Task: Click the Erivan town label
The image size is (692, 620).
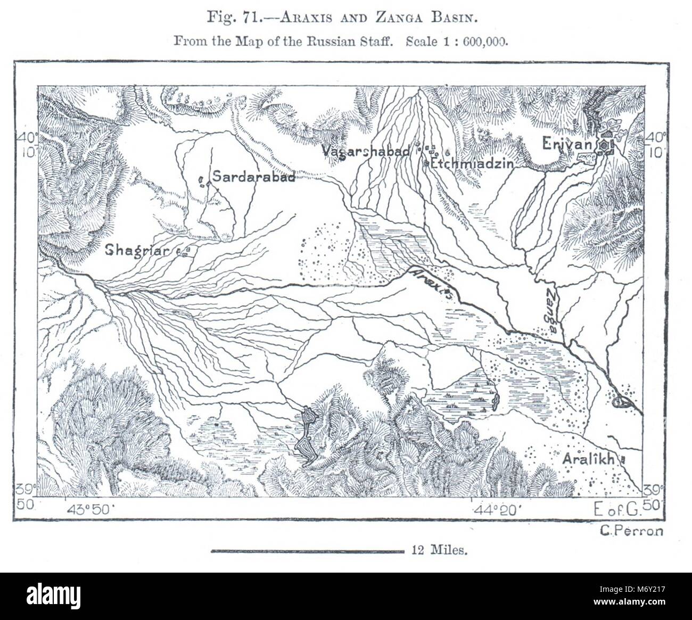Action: pyautogui.click(x=567, y=144)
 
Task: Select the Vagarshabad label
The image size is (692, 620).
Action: pyautogui.click(x=366, y=151)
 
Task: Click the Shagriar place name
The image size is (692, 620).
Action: pyautogui.click(x=140, y=250)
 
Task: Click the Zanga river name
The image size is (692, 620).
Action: pyautogui.click(x=552, y=311)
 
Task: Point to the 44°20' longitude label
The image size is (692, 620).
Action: pyautogui.click(x=496, y=510)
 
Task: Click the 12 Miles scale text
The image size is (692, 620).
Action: pyautogui.click(x=439, y=551)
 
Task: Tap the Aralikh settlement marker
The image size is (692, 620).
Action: pyautogui.click(x=624, y=458)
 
